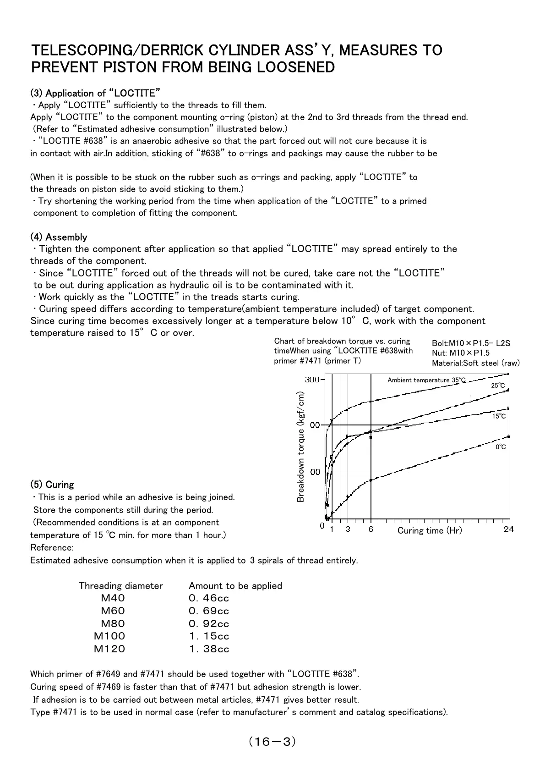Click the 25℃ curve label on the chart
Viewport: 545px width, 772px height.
pos(498,386)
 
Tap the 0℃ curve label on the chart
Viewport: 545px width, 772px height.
pos(501,447)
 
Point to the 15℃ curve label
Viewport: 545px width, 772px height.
pos(499,416)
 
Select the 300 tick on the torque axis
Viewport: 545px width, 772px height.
pos(312,380)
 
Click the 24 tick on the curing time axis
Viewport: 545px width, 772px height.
pos(509,529)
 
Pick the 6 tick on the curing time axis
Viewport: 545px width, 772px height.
pos(371,529)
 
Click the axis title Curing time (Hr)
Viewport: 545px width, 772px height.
pos(430,530)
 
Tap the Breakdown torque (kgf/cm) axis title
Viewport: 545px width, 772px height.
pos(300,447)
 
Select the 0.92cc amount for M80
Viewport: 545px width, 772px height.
pos(209,623)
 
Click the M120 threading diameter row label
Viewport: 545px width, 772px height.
pos(109,649)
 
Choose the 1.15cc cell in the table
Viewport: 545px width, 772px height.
pos(209,636)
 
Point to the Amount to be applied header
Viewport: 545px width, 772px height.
pos(235,585)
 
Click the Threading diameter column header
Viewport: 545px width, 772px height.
pos(120,585)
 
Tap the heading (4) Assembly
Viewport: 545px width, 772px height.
pos(59,237)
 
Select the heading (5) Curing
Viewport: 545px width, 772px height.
pos(52,485)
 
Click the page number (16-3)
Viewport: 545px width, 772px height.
pos(272,741)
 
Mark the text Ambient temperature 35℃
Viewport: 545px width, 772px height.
pos(426,380)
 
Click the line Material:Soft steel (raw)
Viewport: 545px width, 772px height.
pos(476,363)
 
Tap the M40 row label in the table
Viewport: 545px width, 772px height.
pos(113,598)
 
